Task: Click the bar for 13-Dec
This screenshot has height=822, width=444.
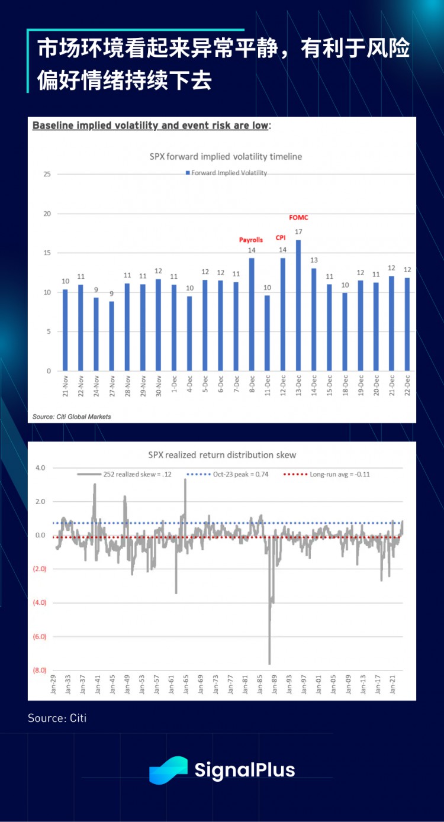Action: [298, 305]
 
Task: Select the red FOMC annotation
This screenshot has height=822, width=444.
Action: [298, 218]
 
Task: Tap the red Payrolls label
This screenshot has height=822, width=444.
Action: [251, 240]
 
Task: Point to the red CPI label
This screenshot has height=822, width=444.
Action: [281, 238]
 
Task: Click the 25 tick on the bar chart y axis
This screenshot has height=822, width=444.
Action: [47, 175]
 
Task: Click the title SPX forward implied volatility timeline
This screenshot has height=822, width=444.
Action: [226, 157]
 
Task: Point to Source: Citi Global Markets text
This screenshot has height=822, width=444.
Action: [72, 417]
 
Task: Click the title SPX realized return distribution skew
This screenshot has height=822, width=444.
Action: [221, 455]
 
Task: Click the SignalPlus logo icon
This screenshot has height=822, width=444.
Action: [168, 770]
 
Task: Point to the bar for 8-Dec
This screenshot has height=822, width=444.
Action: [252, 314]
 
